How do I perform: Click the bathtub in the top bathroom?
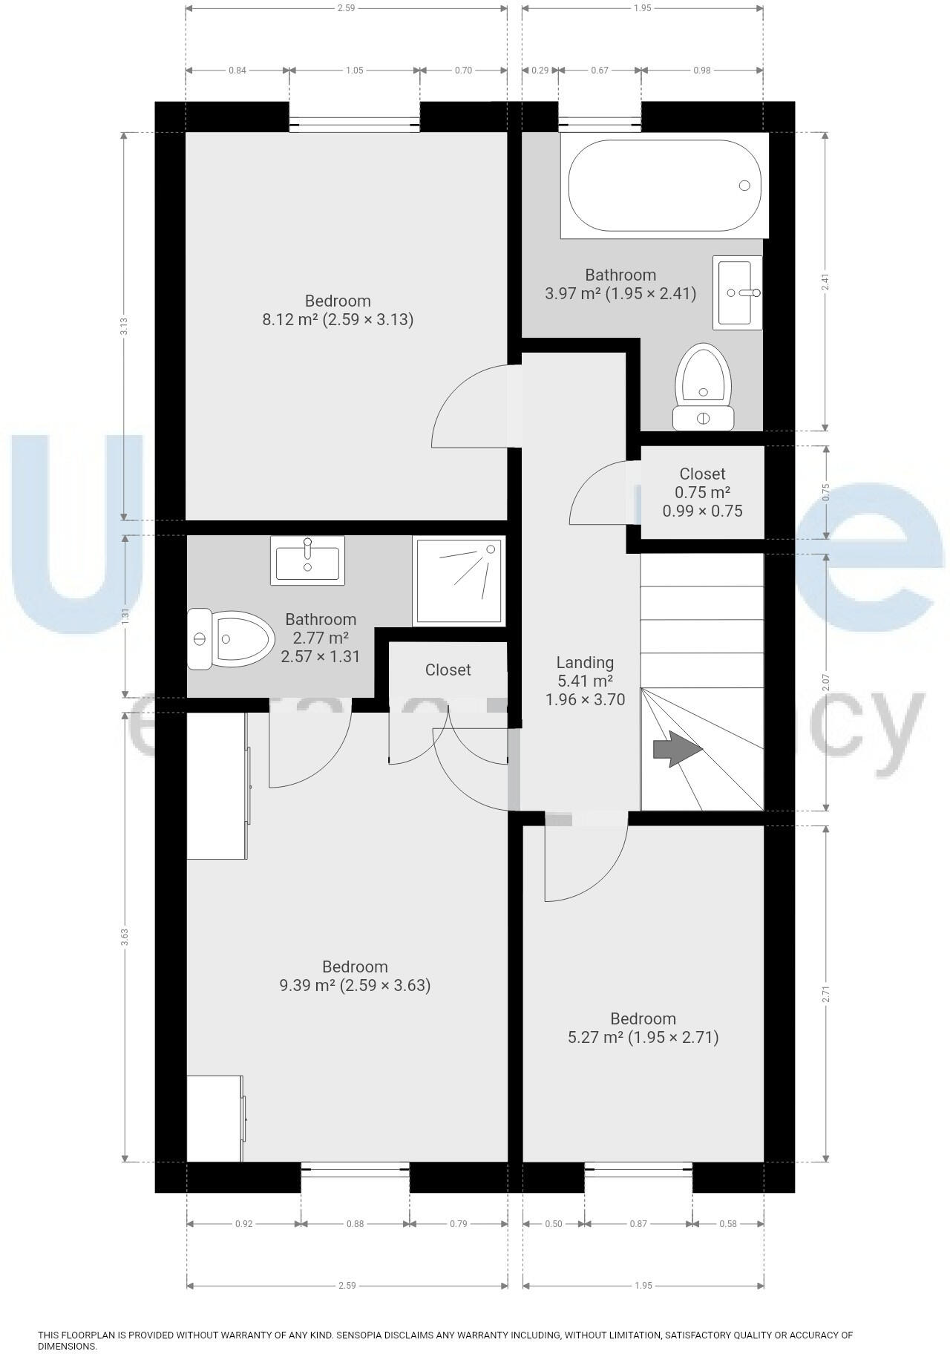[664, 186]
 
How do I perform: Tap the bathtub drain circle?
[744, 186]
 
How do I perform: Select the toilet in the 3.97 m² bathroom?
[703, 386]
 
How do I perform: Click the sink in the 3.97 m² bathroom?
[738, 292]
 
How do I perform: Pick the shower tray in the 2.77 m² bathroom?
[459, 580]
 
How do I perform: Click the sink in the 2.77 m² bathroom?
[308, 561]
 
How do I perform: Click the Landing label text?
[585, 663]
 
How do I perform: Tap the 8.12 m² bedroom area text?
[338, 320]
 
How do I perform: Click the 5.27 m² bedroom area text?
[643, 1037]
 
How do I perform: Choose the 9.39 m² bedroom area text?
[355, 985]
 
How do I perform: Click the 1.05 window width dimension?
[355, 71]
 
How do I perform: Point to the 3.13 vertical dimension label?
[125, 326]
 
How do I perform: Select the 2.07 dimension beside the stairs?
[826, 681]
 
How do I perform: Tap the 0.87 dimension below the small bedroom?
[638, 1224]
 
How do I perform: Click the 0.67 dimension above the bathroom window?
[599, 71]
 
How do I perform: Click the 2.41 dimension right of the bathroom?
[825, 282]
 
